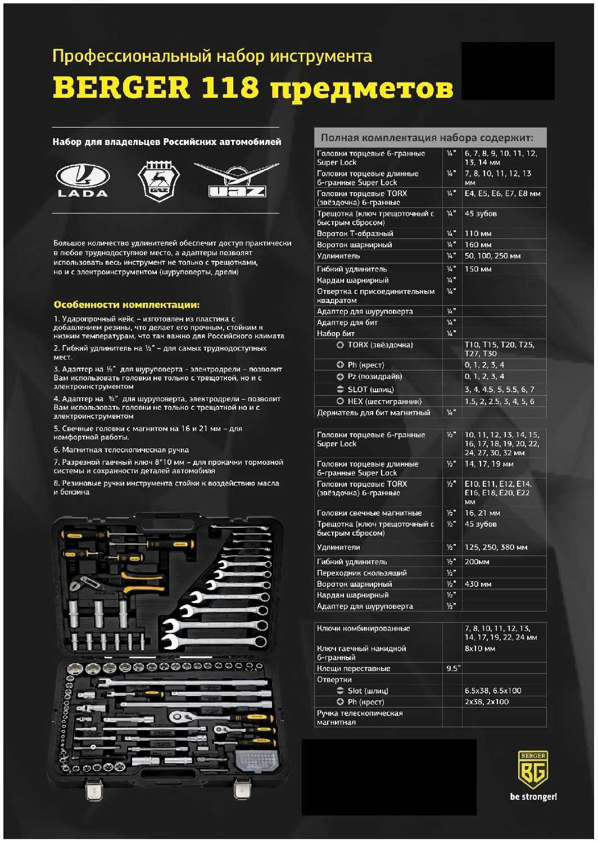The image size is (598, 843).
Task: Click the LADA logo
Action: tap(83, 180)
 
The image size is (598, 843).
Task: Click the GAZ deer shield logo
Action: tap(158, 181)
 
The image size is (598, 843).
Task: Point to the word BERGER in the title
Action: tap(121, 88)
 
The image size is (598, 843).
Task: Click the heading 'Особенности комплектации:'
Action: tap(126, 305)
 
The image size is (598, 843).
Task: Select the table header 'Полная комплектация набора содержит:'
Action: tap(427, 138)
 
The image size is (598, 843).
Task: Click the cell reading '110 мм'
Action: tap(478, 233)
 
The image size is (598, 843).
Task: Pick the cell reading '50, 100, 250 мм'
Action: tap(492, 256)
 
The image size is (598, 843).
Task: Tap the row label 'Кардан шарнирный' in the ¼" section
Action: tap(352, 280)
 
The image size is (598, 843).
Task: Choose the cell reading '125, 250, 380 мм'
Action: tap(496, 547)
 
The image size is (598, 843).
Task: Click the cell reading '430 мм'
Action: tap(478, 584)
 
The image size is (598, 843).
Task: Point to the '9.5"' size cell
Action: tap(452, 668)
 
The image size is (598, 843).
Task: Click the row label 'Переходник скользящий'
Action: tap(361, 573)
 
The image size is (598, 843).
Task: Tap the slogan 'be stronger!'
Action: tap(533, 796)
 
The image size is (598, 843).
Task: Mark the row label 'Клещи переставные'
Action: tap(353, 668)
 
